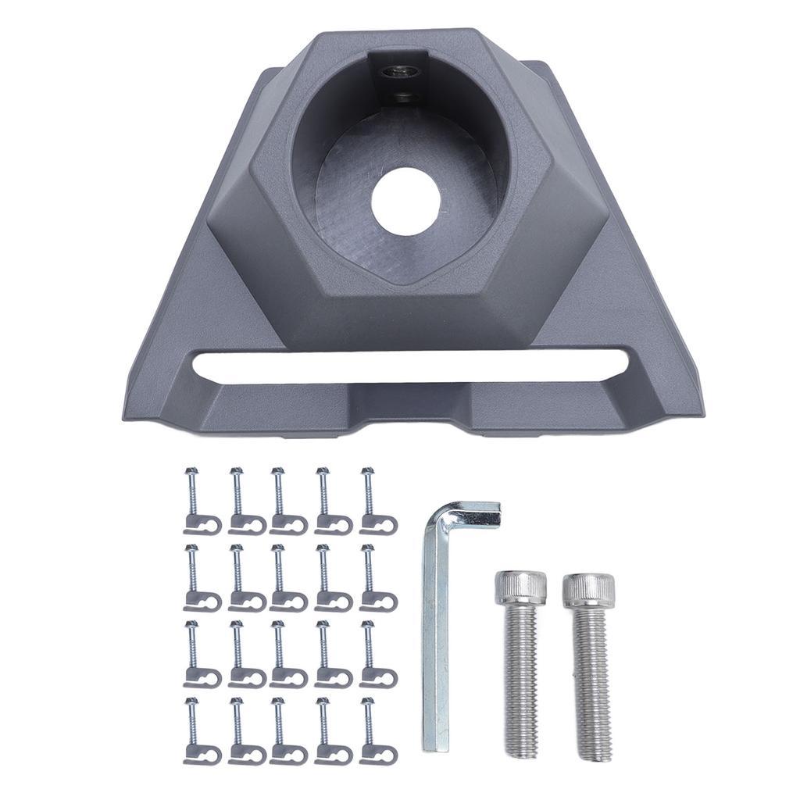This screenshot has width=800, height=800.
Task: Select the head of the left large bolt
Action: click(516, 589)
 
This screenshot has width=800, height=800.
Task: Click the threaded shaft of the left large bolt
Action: click(520, 680)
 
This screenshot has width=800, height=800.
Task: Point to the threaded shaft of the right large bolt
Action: click(591, 684)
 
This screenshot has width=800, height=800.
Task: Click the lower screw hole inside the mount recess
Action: click(402, 97)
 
